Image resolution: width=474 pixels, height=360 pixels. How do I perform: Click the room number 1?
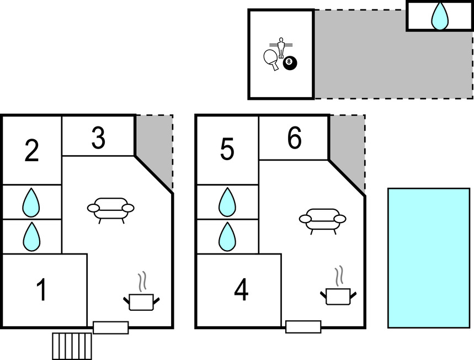click(x=41, y=290)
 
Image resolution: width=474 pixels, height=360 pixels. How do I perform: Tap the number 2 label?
click(x=32, y=151)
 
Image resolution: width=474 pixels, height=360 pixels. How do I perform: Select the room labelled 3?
click(x=98, y=139)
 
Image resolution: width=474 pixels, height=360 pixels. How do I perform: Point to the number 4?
click(x=241, y=290)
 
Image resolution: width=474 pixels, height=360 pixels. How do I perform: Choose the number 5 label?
click(x=227, y=151)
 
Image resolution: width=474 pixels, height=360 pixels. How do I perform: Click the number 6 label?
click(x=294, y=139)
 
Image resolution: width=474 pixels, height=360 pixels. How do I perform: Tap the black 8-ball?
click(x=290, y=63)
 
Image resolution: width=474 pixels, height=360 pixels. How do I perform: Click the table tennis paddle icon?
click(x=271, y=59)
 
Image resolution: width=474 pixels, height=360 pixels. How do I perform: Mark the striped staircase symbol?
click(x=72, y=346)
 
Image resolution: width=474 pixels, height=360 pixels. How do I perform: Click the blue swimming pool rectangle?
click(x=429, y=258)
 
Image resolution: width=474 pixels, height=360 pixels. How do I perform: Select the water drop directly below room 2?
click(x=31, y=203)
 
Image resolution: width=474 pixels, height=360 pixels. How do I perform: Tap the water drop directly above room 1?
click(x=31, y=236)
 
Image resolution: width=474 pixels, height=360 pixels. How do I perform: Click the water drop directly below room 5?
click(x=227, y=203)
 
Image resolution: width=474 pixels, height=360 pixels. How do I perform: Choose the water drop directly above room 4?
click(x=227, y=236)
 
